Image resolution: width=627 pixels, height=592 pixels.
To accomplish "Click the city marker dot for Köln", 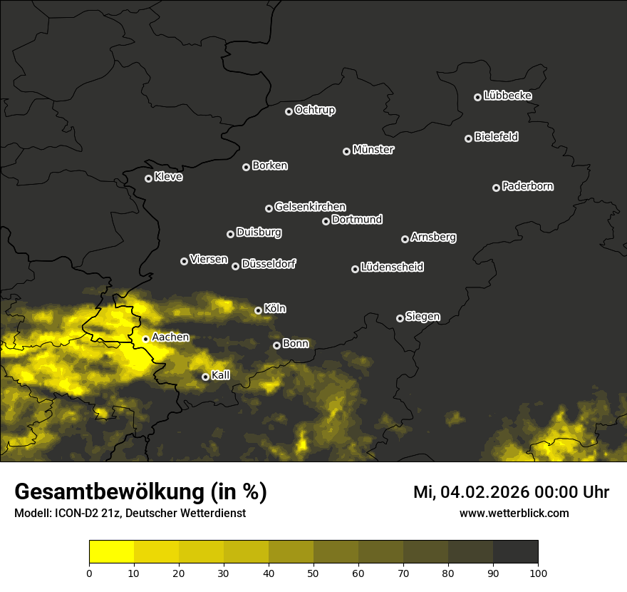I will coord(258,310).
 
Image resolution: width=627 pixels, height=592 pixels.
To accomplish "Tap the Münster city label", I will coord(373,150).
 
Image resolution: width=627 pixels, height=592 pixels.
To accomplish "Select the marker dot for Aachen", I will coord(145,339).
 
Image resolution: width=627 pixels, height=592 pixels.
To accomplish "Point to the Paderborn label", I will coord(528,186).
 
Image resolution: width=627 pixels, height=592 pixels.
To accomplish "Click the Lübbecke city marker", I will coord(477,97).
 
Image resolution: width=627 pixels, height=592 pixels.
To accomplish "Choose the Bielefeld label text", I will coord(496,136).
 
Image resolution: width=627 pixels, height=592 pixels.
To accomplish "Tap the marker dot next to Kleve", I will coord(148,178).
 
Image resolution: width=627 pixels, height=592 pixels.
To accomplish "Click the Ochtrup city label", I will coord(315,110).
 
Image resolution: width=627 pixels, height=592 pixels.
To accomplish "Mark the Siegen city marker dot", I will coord(400,318).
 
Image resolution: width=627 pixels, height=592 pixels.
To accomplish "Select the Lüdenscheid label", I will coord(393,267).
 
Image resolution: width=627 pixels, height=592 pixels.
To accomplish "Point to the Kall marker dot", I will coord(205,377).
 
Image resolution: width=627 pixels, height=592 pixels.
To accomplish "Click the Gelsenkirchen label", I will coord(310,207).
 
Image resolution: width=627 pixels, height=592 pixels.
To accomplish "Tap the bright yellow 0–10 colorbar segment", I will coord(112,552).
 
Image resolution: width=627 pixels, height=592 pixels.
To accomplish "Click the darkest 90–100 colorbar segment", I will coord(515,552).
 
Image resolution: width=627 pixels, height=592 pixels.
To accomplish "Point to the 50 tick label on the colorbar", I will coord(313,573).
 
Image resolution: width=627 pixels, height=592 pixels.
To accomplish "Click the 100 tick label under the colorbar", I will coord(538,573).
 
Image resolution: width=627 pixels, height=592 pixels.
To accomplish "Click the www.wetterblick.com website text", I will coord(514,514).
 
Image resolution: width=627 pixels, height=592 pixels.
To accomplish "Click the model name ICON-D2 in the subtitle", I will coord(73,514).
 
